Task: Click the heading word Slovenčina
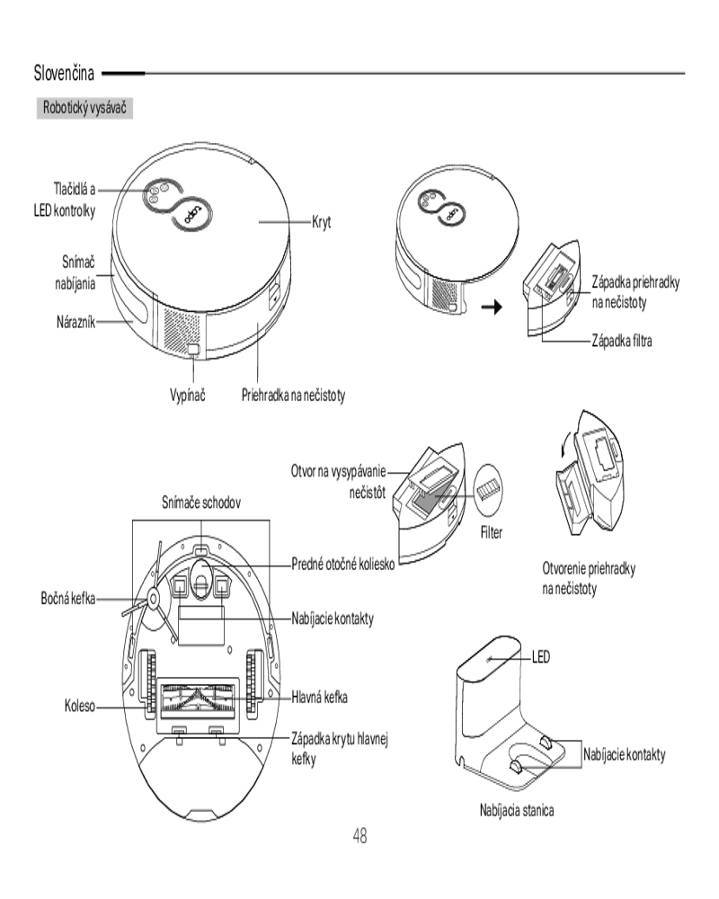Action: (x=64, y=74)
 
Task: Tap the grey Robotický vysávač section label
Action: (x=84, y=108)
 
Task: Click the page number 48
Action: (x=360, y=835)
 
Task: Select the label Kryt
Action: (x=322, y=222)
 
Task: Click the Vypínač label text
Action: (x=188, y=395)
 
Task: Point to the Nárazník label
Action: (x=75, y=322)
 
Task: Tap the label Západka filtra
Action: (x=622, y=341)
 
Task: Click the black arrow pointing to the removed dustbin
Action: (x=492, y=307)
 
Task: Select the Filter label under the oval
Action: (x=492, y=532)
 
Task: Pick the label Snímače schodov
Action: (x=201, y=503)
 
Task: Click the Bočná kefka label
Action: (x=67, y=599)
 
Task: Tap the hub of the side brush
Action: (x=154, y=598)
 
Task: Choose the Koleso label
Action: (x=80, y=706)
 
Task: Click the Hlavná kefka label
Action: (x=319, y=698)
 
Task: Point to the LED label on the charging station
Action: (x=541, y=656)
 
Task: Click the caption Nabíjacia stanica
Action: (x=517, y=810)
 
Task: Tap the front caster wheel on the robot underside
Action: (x=200, y=579)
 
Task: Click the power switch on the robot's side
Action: (x=194, y=349)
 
